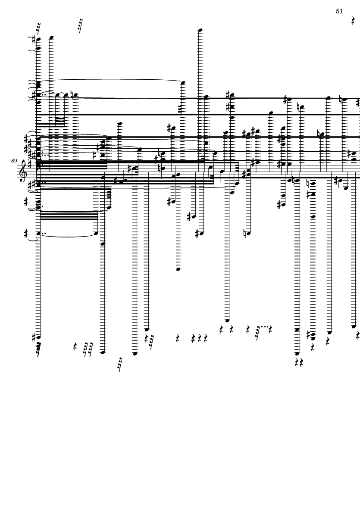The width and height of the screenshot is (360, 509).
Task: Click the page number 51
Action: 339,11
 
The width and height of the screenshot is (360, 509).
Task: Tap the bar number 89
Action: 14,161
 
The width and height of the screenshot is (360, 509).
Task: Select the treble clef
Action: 24,170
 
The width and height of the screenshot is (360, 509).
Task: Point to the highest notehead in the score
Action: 200,30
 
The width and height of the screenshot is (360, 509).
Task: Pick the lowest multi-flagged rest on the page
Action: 119,364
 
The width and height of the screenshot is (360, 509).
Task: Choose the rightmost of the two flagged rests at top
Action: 80,25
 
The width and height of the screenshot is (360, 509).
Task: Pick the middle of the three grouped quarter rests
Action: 200,338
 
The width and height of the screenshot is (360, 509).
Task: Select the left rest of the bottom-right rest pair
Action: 297,362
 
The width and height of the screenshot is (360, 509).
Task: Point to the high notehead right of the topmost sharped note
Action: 51,37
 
